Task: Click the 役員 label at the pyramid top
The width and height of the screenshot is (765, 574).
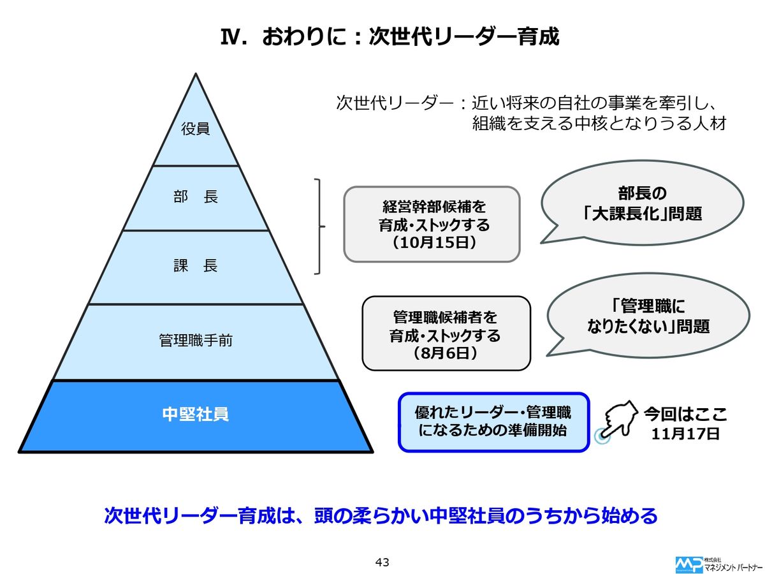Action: click(195, 129)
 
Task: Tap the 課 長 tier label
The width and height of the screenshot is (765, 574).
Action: click(195, 266)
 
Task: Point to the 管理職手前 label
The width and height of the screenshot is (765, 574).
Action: click(195, 341)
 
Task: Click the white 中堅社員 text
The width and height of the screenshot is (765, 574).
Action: click(195, 415)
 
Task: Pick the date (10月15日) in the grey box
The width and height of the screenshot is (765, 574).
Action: click(432, 242)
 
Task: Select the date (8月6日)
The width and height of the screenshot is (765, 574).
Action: click(446, 352)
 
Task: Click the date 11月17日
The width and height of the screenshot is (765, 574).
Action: click(685, 434)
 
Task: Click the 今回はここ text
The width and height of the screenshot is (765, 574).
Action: click(685, 414)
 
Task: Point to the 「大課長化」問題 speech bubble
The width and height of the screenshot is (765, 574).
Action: click(642, 203)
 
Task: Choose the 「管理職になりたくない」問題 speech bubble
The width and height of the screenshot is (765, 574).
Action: click(648, 317)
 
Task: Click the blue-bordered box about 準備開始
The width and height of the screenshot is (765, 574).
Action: click(493, 422)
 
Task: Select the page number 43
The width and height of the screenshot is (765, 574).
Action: click(382, 562)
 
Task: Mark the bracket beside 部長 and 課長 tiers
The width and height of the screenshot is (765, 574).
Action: click(319, 226)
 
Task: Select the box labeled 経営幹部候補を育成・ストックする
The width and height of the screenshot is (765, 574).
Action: click(432, 223)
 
